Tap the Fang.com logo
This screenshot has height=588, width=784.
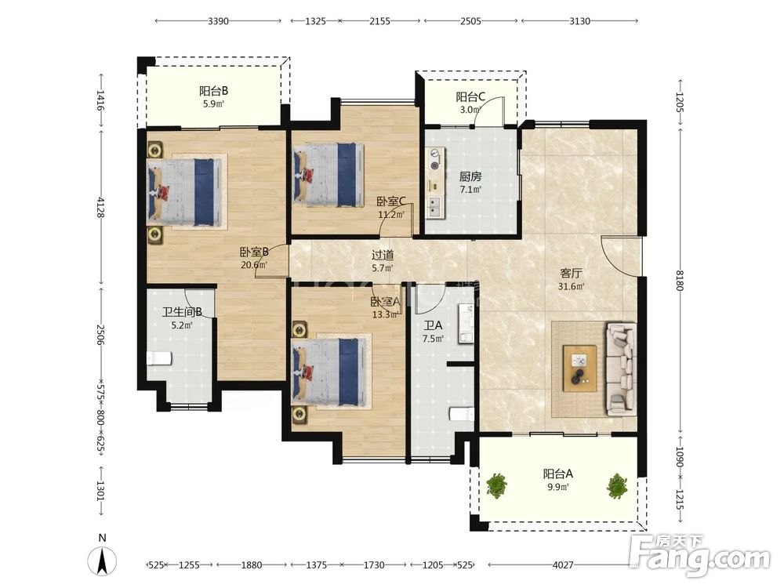699,555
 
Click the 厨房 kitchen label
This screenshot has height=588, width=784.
470,176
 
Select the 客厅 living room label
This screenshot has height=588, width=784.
571,273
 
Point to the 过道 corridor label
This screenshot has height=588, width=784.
383,255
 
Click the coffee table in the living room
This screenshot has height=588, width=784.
579,368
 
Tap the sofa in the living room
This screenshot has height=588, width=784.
622,369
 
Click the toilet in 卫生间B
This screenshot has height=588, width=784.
159,358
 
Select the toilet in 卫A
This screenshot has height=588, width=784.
462,415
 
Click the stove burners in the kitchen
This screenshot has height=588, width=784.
435,158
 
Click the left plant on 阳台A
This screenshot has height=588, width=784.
496,485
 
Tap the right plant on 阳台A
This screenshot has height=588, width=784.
617,485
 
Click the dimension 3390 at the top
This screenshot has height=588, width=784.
218,21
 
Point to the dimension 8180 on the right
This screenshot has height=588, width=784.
680,281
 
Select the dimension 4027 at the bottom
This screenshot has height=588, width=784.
563,565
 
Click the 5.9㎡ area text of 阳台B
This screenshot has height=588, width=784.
213,104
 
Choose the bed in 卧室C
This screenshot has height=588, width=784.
328,175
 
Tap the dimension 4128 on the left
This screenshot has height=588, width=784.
100,207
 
